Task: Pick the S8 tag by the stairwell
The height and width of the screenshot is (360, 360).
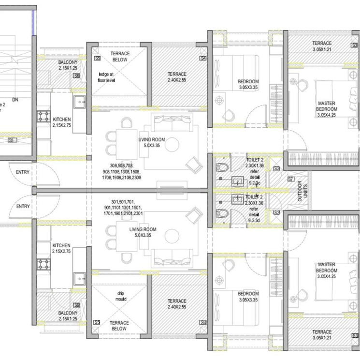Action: [12, 140]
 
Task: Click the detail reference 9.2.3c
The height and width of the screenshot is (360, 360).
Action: [255, 183]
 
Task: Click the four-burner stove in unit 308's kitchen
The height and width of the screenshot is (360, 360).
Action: [44, 117]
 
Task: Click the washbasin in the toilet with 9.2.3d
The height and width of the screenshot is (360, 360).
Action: [237, 198]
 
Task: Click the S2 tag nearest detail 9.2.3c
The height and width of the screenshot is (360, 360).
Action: [276, 168]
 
